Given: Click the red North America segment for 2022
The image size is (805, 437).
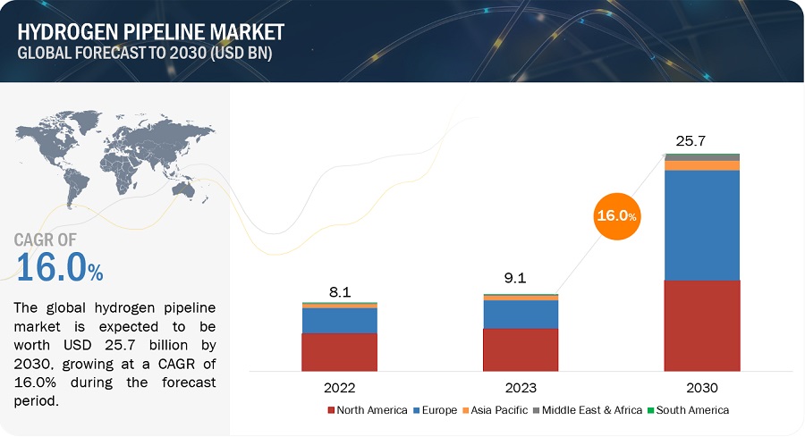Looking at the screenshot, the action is (339, 352).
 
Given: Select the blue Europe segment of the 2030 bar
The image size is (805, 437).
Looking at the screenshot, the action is (702, 225).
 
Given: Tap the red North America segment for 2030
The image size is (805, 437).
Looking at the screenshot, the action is (702, 325).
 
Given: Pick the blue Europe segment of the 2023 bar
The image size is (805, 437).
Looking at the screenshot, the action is (521, 314).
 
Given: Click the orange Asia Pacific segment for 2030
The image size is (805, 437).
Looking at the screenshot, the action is (702, 165).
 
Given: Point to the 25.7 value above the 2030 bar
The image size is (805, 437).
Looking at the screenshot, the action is (691, 140).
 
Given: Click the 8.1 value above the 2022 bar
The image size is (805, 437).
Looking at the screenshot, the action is (340, 292).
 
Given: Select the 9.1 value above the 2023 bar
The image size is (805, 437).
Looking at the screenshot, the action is (515, 278).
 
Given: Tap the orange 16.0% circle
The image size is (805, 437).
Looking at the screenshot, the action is (616, 216).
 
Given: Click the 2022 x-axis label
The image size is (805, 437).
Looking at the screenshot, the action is (339, 388).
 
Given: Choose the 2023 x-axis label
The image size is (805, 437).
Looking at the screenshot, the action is (521, 388).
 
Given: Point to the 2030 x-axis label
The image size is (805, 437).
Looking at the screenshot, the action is (702, 388).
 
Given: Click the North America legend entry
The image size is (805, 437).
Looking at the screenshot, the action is (368, 410).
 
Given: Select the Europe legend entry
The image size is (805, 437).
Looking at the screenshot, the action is (436, 410).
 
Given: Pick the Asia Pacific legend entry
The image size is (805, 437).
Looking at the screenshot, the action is (496, 410).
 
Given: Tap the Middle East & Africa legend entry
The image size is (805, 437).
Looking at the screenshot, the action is (588, 410).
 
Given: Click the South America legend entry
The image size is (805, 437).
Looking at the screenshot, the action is (689, 410).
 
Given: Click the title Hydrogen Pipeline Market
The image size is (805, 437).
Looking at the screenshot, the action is (150, 32).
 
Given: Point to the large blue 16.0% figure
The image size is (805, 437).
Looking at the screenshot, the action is (60, 267).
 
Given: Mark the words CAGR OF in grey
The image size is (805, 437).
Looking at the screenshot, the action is (46, 240).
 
